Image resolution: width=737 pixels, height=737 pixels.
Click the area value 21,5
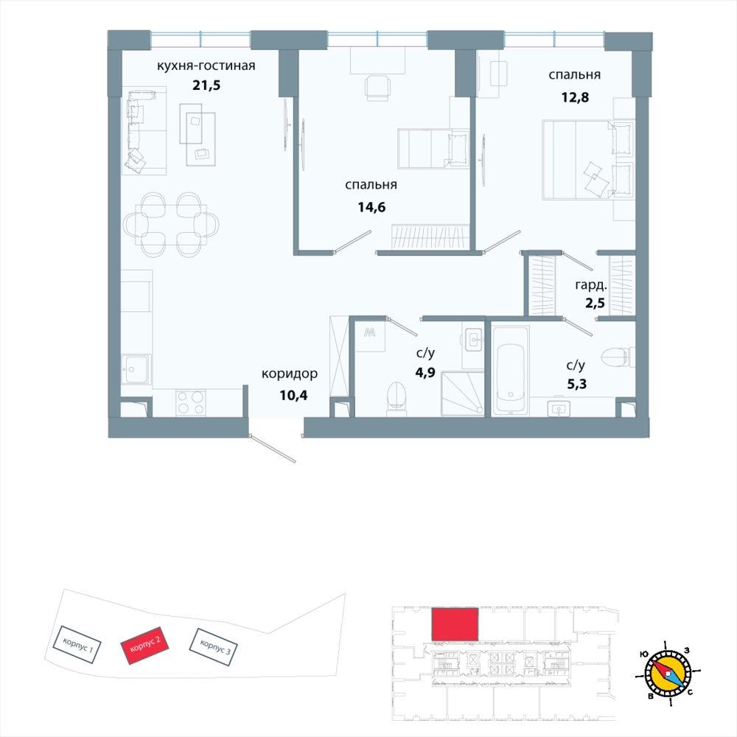coord(206,85)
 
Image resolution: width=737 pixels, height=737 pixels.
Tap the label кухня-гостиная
coord(206,66)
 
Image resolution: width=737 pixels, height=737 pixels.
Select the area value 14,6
coord(371,206)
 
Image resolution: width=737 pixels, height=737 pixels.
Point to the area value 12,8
coord(574,94)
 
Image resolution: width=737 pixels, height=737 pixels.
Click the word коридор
coord(290,374)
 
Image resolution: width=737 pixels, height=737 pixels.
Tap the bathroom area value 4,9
coord(425,372)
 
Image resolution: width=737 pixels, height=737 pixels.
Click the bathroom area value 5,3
coord(576,384)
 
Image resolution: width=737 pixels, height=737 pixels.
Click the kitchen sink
coord(136,368)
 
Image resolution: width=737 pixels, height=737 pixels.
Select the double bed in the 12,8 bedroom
coord(587,160)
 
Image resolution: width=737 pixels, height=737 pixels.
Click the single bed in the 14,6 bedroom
coord(433,148)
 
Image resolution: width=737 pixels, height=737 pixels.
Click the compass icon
coord(668,673)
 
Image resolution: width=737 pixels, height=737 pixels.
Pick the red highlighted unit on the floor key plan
coord(455,624)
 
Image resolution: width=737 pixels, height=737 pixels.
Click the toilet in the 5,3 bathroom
coord(616,358)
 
